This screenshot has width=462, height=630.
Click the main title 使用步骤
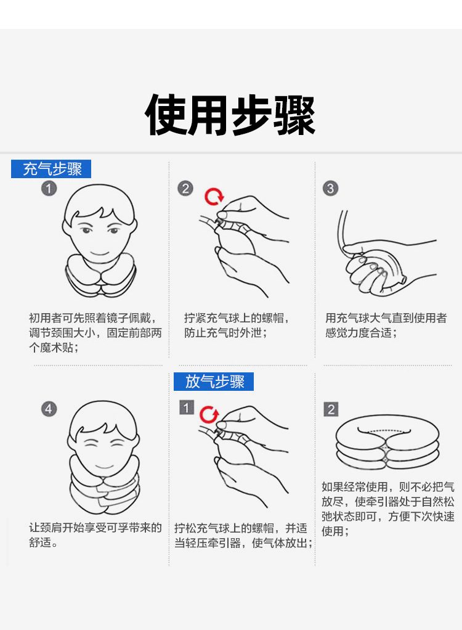point(230,115)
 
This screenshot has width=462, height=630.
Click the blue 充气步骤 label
point(51,169)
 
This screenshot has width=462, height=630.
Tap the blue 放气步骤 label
point(214,382)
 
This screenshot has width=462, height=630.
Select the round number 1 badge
point(49,189)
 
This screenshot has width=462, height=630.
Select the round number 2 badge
point(185,189)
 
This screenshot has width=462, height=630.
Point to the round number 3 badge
point(331,189)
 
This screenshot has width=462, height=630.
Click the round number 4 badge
point(49,409)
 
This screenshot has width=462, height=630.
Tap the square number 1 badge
point(187,407)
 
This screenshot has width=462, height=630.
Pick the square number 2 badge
point(331,409)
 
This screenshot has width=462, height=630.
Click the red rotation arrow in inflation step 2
point(214,197)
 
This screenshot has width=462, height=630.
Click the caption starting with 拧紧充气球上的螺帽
point(237,325)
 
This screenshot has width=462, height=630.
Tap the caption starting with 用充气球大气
point(386,325)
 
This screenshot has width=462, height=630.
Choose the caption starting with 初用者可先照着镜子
point(95,333)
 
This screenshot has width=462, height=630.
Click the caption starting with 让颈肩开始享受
point(95,535)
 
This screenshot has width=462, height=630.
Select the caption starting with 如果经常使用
point(388,509)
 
